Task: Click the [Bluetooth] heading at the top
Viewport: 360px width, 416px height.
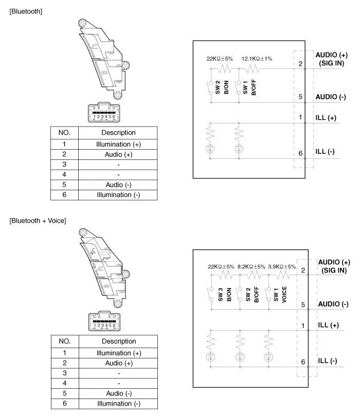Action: tap(26, 11)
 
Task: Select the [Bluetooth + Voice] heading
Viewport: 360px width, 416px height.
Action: tap(38, 221)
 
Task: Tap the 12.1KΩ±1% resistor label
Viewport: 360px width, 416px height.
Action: tap(257, 59)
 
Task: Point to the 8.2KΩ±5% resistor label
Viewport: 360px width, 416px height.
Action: tap(251, 267)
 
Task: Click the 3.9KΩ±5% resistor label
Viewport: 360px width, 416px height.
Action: tap(282, 267)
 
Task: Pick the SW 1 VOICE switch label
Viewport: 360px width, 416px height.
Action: tap(280, 295)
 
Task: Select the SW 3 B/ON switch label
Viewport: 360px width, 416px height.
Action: tap(225, 295)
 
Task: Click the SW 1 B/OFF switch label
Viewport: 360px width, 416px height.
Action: tap(249, 87)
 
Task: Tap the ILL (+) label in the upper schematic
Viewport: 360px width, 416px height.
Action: tap(326, 118)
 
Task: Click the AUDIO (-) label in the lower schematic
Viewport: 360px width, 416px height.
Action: tap(333, 304)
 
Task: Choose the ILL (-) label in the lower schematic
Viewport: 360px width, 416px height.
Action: tap(328, 361)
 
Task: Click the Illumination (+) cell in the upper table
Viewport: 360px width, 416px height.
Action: tap(118, 144)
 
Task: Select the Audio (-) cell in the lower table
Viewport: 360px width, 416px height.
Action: tap(119, 393)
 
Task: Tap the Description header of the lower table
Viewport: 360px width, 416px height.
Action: tap(119, 341)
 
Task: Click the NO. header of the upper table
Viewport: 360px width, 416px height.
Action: tap(64, 133)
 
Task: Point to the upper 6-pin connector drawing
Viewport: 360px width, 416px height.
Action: tap(104, 112)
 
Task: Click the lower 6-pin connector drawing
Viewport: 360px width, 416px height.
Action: tap(104, 321)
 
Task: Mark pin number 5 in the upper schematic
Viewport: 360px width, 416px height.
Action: tap(300, 97)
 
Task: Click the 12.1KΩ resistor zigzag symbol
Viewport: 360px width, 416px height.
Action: tap(252, 69)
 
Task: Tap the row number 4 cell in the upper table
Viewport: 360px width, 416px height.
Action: tap(64, 174)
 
